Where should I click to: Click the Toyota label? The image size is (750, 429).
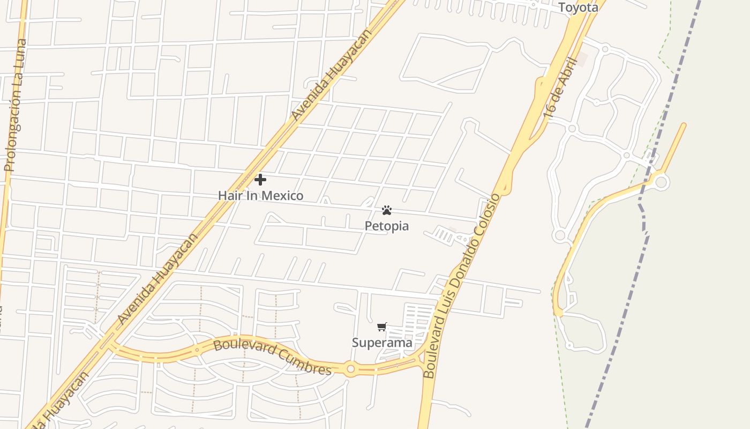[x=578, y=8]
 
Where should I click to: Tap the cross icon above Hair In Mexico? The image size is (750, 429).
[x=260, y=179]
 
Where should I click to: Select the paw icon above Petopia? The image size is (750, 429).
[x=387, y=210]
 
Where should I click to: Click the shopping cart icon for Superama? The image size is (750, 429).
[x=382, y=327]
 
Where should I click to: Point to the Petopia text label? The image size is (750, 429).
[x=387, y=226]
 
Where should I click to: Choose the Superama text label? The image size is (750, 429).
[x=382, y=343]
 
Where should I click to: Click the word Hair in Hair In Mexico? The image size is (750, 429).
[x=230, y=196]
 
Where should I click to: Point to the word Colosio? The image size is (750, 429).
[x=491, y=217]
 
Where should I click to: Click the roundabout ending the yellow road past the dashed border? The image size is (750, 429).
[x=661, y=182]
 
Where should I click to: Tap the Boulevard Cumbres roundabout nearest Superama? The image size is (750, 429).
[x=351, y=369]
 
